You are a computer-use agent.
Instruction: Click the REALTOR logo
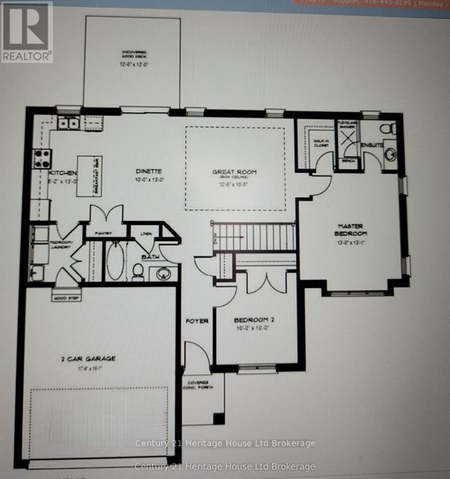[x=26, y=32]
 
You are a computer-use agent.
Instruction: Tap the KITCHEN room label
[x=63, y=173]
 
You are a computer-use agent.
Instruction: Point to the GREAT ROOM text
[x=234, y=172]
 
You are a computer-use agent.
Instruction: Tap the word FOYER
[x=196, y=321]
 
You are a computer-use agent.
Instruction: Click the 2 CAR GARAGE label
[x=90, y=359]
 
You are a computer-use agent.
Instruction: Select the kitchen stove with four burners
[x=42, y=156]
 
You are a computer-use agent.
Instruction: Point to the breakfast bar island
[x=89, y=175]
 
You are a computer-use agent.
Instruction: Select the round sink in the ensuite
[x=391, y=153]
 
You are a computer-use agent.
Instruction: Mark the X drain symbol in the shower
[x=347, y=137]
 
